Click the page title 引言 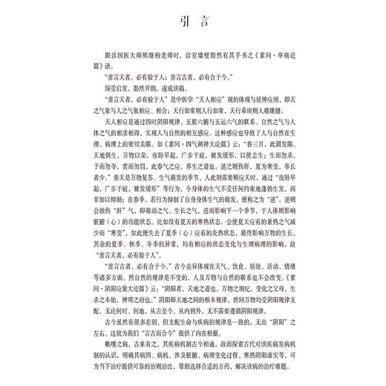[x=192, y=41]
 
